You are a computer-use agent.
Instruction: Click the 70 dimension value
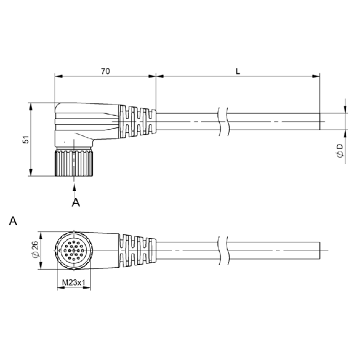(105, 71)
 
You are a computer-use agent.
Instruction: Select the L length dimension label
(238, 71)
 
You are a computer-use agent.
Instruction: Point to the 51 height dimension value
(26, 140)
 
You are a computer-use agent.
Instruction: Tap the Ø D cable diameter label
(340, 151)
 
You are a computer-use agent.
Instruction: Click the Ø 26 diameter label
(35, 250)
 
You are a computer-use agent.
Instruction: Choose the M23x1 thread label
(74, 282)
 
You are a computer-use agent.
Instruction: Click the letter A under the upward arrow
(76, 202)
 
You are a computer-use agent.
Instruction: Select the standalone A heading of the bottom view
(13, 221)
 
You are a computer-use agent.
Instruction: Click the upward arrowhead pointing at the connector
(74, 187)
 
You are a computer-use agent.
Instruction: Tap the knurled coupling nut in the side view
(74, 162)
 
